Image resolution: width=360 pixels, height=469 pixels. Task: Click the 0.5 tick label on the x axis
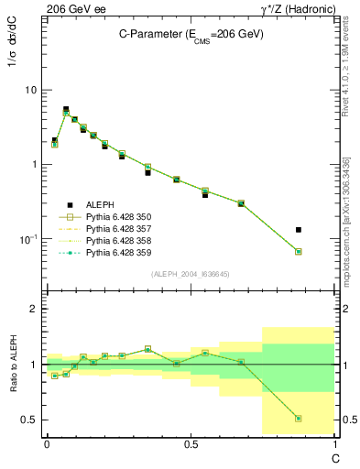point(191,442)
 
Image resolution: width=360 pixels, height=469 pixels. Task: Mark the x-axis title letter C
point(334,455)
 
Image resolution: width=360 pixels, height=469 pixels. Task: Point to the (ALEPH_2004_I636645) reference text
point(191,273)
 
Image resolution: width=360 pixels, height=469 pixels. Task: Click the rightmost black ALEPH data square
point(324,229)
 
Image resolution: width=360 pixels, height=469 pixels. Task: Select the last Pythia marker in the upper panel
point(324,251)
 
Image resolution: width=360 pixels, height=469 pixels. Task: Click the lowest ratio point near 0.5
point(324,419)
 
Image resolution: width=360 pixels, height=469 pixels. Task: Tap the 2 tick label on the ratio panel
point(34,309)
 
